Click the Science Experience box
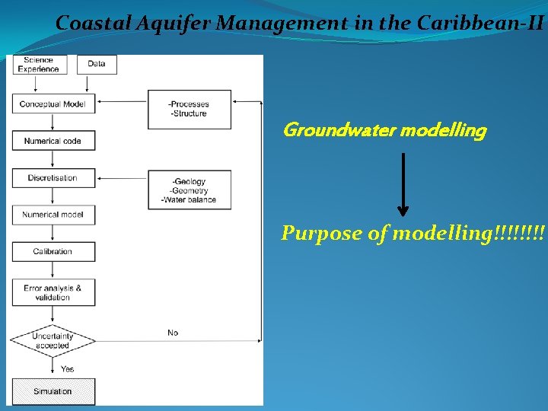[39, 65]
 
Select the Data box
[97, 64]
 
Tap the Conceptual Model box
[53, 104]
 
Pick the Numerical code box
[53, 141]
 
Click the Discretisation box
[53, 178]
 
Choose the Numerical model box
[53, 215]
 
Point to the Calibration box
[53, 251]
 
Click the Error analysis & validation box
[53, 292]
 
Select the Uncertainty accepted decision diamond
[53, 340]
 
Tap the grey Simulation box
[53, 391]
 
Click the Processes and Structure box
[190, 109]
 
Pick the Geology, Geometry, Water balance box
[190, 190]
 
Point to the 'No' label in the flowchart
[173, 333]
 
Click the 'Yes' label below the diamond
[68, 369]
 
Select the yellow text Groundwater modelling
[384, 131]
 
